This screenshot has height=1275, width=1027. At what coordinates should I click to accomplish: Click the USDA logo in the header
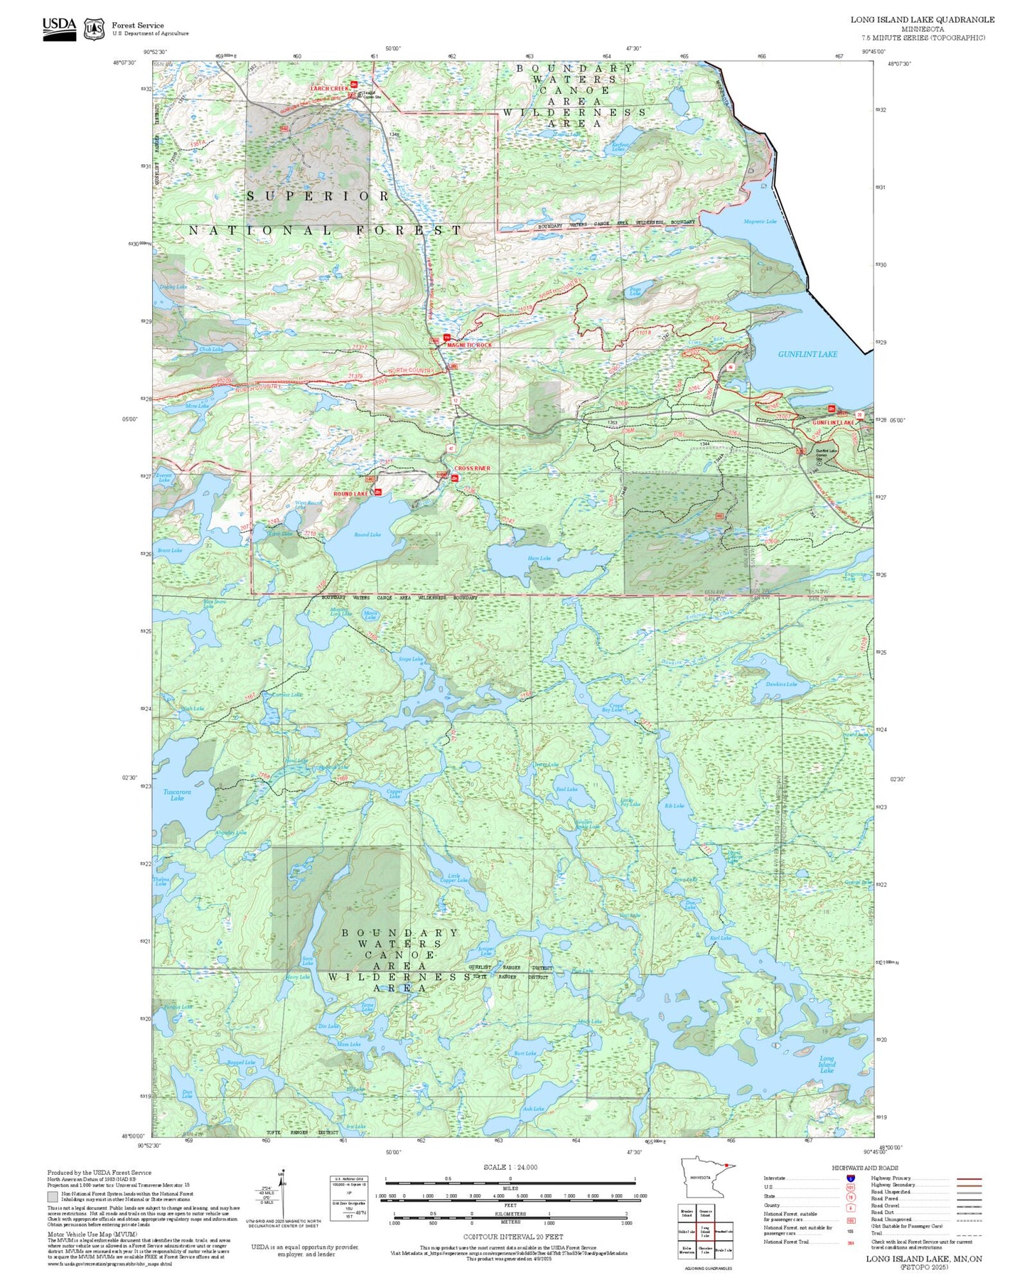click(59, 28)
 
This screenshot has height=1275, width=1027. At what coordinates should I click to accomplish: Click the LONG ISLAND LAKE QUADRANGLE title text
click(923, 20)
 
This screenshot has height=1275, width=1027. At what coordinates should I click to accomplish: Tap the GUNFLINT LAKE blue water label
click(807, 354)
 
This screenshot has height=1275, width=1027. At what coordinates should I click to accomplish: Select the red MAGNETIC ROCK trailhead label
click(469, 345)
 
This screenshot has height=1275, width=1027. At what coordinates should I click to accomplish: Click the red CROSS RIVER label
click(472, 468)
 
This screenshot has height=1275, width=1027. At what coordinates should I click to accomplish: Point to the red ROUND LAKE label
click(351, 493)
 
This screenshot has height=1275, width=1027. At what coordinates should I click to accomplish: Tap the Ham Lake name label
click(539, 559)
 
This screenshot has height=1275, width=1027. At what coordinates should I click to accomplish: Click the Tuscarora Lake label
click(177, 795)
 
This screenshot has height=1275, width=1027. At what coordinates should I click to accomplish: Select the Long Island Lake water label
click(827, 1065)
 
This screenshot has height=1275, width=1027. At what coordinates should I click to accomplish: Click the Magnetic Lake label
click(760, 222)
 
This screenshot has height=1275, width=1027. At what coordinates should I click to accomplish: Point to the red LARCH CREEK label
click(329, 89)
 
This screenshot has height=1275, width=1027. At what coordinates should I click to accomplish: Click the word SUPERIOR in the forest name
click(318, 196)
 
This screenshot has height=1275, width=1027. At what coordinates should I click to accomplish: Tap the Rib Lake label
click(674, 806)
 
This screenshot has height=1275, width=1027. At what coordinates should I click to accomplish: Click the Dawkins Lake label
click(781, 684)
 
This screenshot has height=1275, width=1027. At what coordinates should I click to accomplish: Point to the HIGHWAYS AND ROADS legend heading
click(865, 1168)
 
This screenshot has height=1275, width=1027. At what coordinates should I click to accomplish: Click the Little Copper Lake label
click(453, 878)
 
